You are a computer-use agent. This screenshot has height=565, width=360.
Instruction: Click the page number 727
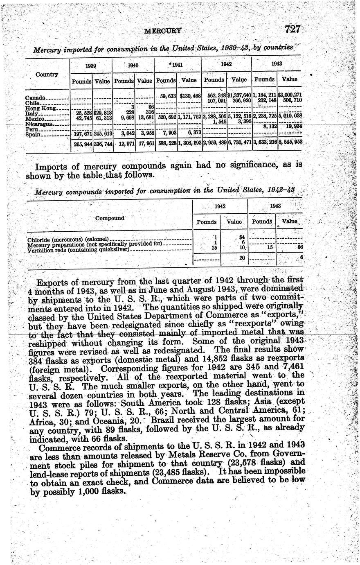pos(293,29)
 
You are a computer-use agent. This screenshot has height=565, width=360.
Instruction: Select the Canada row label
pos(35,98)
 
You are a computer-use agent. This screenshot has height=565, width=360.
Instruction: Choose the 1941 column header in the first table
pos(177,65)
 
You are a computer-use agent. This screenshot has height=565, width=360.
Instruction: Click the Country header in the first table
pos(47,75)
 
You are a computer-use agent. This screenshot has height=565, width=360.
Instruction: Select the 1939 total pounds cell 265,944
pos(82,144)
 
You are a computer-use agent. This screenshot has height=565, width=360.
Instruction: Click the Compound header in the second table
pos(110,218)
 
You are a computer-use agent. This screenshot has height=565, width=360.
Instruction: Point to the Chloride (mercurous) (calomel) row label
pos(67,239)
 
